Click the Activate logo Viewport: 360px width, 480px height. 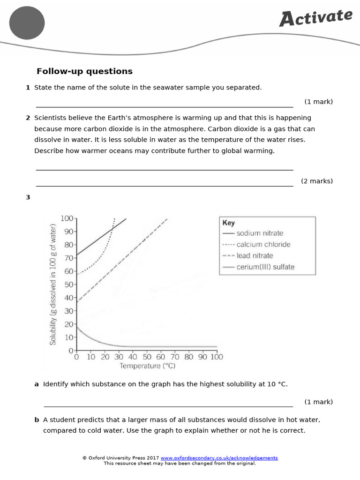(x=315, y=18)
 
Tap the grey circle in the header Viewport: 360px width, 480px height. (x=27, y=22)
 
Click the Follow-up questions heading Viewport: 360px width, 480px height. (x=84, y=71)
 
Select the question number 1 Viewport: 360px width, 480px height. (x=28, y=88)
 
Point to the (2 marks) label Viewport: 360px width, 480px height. (x=317, y=181)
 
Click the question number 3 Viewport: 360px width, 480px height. (x=28, y=197)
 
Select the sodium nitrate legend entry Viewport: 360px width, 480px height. (x=259, y=233)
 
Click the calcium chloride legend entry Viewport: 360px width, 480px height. (x=263, y=244)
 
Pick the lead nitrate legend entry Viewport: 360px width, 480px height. (x=254, y=255)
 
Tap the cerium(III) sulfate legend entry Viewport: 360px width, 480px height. (x=265, y=267)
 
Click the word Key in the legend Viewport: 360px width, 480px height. (x=229, y=223)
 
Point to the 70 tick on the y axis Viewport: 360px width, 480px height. (x=68, y=258)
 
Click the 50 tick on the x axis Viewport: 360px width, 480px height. (x=147, y=357)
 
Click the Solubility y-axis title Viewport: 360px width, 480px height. (x=53, y=285)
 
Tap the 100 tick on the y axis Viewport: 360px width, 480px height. (x=67, y=218)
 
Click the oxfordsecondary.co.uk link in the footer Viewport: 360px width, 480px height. (x=219, y=458)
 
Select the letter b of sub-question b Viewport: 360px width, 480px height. (x=37, y=420)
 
